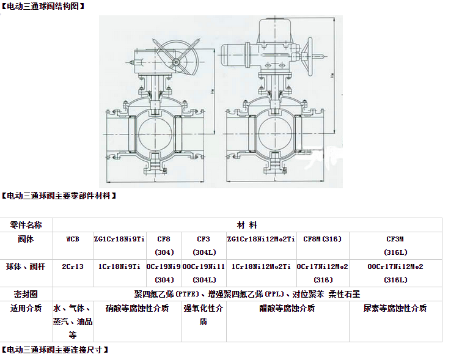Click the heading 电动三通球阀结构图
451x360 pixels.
pos(43,6)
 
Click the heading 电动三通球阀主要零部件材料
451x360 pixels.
pos(59,196)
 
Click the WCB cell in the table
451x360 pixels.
pos(73,239)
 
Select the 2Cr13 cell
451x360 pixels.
pos(73,266)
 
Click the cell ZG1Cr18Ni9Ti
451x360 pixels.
pos(119,239)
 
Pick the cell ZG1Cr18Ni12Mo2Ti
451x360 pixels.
pos(261,239)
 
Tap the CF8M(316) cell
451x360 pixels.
pos(323,239)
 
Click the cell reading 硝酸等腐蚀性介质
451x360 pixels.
pos(137,309)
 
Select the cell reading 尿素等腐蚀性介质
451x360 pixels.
pos(395,309)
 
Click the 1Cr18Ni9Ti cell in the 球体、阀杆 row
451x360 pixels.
pos(119,266)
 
